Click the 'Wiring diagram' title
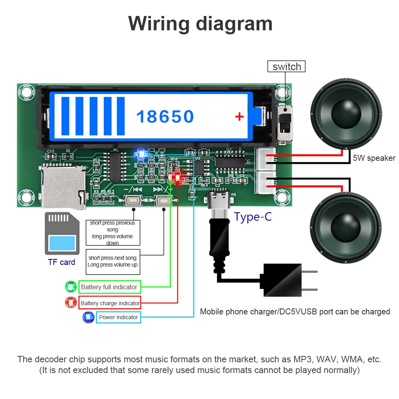pos(200,24)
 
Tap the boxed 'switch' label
pos(286,66)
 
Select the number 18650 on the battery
pos(165,117)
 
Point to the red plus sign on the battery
pos(239,117)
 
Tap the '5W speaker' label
pos(374,158)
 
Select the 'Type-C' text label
pos(253,217)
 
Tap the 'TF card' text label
pos(61,262)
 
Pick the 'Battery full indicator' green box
pos(109,287)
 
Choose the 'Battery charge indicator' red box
pos(110,303)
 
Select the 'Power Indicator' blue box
pos(118,317)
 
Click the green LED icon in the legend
pos(71,287)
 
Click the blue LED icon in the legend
pos(88,317)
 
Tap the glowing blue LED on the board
pos(140,153)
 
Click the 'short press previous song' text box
pos(113,233)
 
